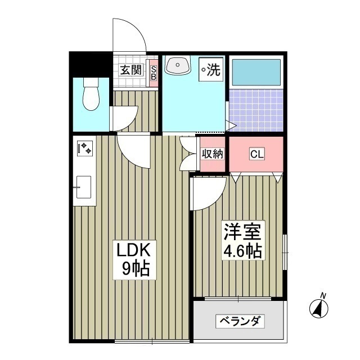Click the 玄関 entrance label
tap(130, 71)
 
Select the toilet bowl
tap(89, 94)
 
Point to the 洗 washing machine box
tap(211, 70)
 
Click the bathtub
tap(256, 71)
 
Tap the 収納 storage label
tap(213, 154)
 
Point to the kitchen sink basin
tap(84, 186)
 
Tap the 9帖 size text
tap(136, 269)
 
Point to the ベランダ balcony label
tap(240, 321)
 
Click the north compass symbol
tap(319, 307)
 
